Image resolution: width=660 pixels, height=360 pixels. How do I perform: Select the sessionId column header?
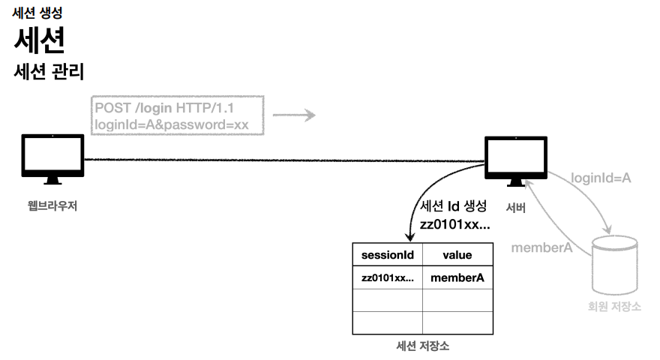(x=388, y=255)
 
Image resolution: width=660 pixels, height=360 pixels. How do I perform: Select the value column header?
(x=457, y=255)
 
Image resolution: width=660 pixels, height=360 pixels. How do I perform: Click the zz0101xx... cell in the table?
(x=388, y=277)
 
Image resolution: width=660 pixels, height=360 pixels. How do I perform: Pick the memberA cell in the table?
(x=457, y=277)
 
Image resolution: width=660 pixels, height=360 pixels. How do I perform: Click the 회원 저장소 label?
(x=614, y=307)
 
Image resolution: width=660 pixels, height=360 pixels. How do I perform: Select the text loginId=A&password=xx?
(x=172, y=124)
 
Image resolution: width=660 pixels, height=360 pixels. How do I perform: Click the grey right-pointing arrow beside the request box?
(x=293, y=116)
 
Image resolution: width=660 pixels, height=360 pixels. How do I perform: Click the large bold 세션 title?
(x=39, y=40)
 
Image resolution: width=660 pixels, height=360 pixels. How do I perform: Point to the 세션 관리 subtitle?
(x=48, y=73)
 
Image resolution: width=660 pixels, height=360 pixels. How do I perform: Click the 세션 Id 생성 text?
(x=454, y=206)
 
